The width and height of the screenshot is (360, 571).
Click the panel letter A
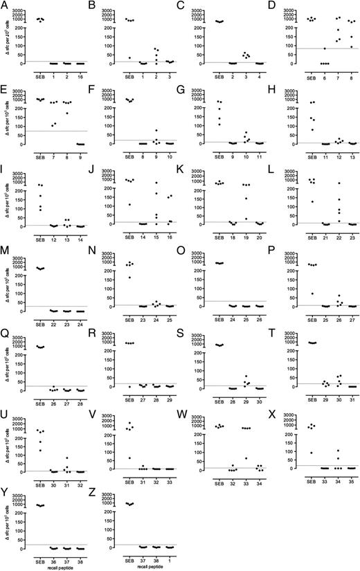(3, 6)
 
